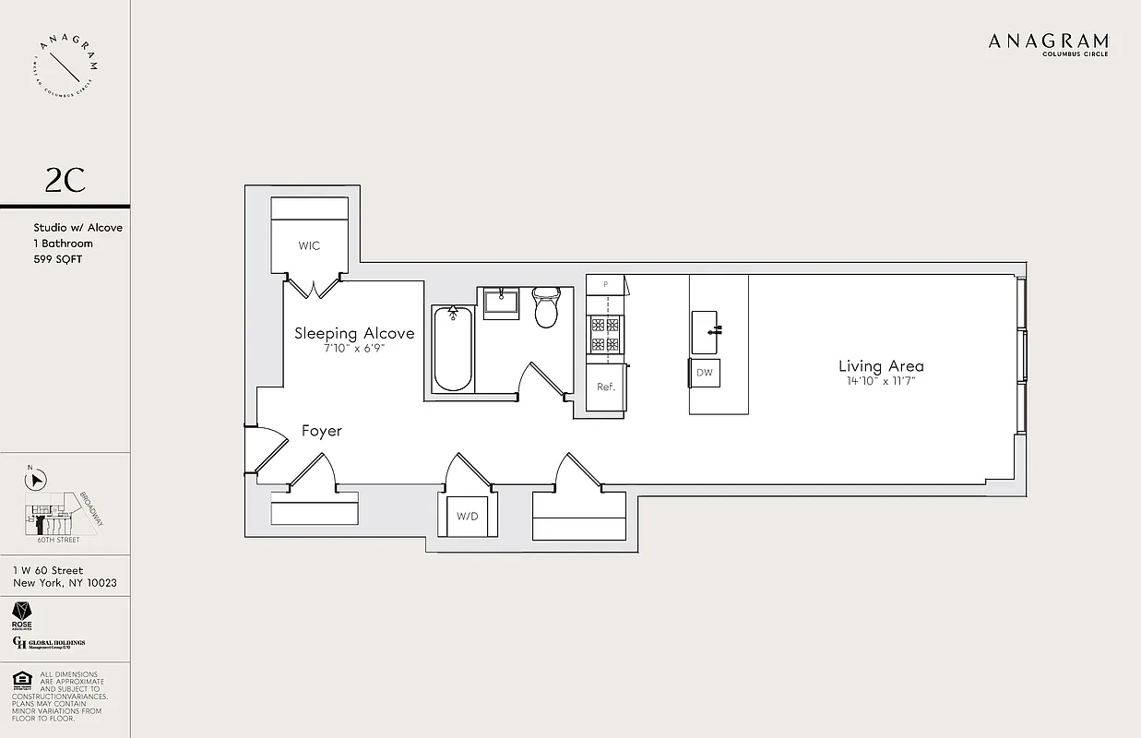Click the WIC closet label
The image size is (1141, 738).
(x=309, y=246)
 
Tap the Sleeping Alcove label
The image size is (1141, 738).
(x=354, y=333)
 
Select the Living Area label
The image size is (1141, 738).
(x=881, y=366)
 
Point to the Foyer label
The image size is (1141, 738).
(x=322, y=431)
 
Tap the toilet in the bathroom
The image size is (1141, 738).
(x=547, y=308)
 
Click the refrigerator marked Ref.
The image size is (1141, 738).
(x=605, y=387)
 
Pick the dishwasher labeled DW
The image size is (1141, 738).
(x=705, y=373)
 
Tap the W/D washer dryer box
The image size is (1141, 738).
(x=468, y=516)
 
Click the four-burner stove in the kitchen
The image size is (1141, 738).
(x=605, y=335)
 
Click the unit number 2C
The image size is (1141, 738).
(x=65, y=181)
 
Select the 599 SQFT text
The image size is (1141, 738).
(x=58, y=259)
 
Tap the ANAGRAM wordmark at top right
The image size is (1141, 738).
(x=1048, y=42)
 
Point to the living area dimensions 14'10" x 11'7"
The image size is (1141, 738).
(x=881, y=381)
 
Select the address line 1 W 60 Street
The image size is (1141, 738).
(x=48, y=570)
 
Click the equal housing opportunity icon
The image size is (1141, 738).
(x=22, y=682)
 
